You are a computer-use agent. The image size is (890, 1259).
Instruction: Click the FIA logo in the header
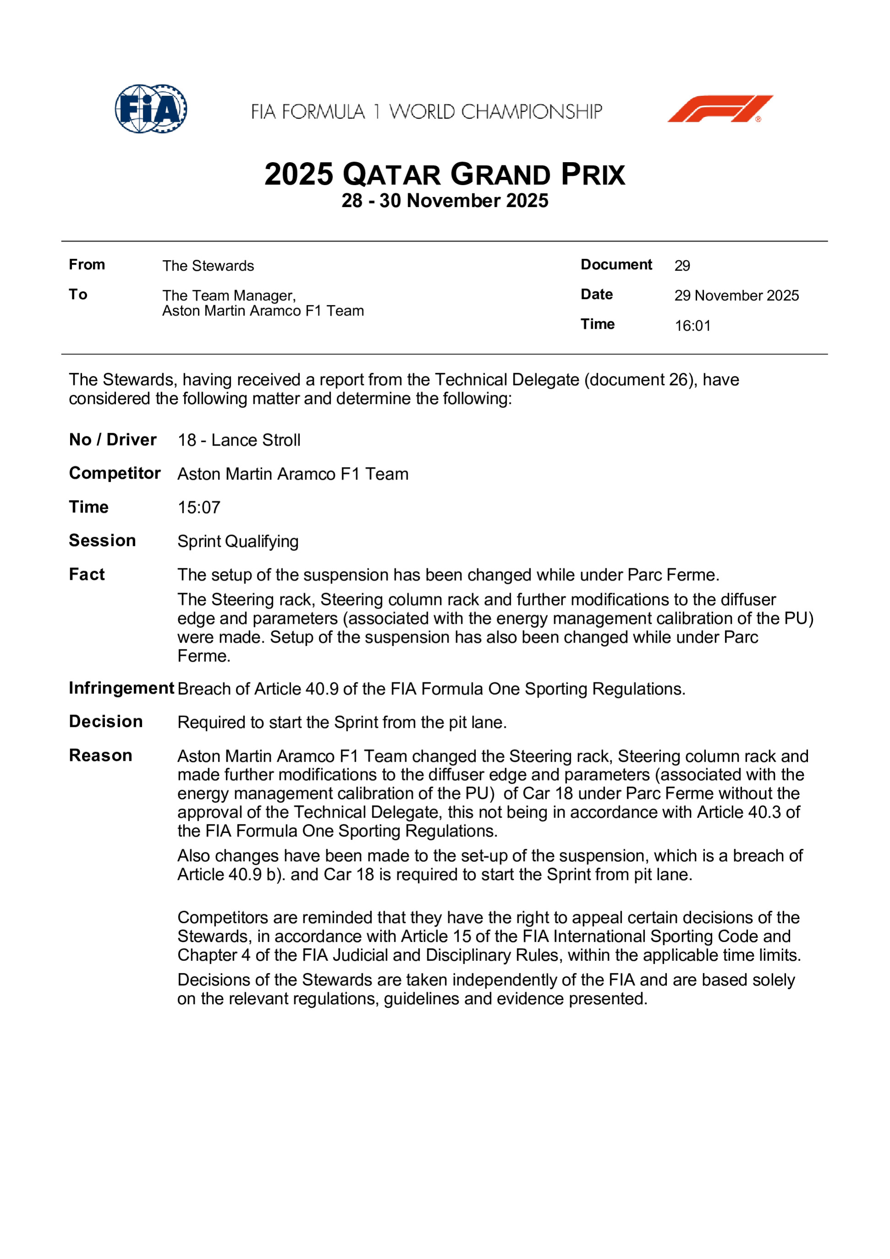pos(151,109)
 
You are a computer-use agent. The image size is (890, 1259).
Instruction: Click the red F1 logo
pos(720,109)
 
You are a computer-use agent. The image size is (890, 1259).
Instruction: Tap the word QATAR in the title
pos(392,175)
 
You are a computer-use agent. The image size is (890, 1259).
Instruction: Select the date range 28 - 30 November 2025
pos(445,201)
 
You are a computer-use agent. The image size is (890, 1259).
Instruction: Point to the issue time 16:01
pos(693,326)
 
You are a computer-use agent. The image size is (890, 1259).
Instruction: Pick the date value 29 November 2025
pos(737,295)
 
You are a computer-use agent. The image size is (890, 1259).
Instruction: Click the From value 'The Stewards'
pos(208,266)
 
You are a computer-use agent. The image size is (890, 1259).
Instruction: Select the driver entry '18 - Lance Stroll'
pos(239,440)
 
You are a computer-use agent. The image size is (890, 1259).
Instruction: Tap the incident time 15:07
pos(198,507)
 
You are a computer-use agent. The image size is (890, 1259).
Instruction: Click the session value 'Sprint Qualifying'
pos(238,541)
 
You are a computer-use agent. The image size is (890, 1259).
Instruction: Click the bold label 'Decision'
pos(106,722)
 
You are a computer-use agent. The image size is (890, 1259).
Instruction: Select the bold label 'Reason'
pos(100,756)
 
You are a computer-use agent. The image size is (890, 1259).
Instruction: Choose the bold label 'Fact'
pos(87,574)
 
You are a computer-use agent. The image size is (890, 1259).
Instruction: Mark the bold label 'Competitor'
pos(115,473)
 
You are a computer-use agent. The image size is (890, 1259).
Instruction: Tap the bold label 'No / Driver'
pos(112,439)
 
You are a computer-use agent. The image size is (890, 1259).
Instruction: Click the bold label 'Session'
pos(102,541)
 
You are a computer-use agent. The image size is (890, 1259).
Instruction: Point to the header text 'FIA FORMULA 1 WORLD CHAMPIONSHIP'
pos(426,112)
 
